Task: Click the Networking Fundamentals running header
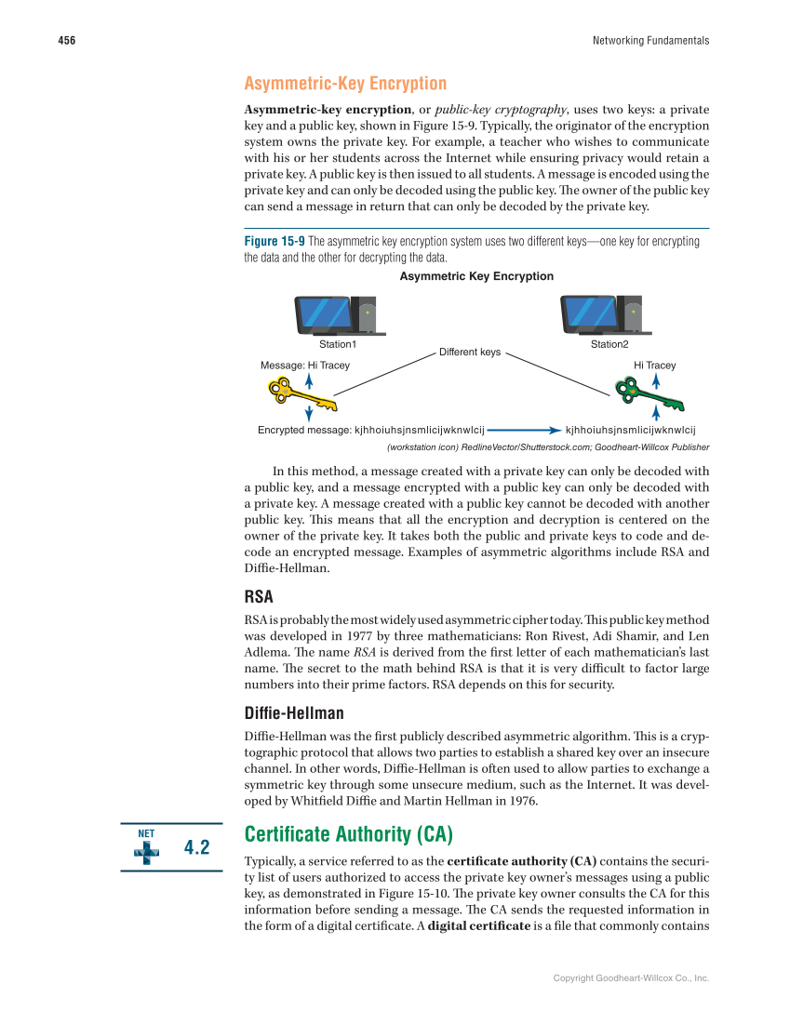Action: pos(649,41)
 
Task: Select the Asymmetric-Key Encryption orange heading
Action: pos(345,84)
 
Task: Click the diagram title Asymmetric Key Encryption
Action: pos(475,276)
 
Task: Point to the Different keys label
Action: pos(469,353)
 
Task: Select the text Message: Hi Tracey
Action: pos(304,366)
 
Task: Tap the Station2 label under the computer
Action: pos(609,345)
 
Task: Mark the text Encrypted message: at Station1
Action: pos(303,431)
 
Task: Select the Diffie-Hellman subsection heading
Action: pos(294,713)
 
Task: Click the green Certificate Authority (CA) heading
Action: pos(348,834)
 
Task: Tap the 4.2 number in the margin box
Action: pos(197,847)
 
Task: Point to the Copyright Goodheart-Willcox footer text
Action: pos(631,978)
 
